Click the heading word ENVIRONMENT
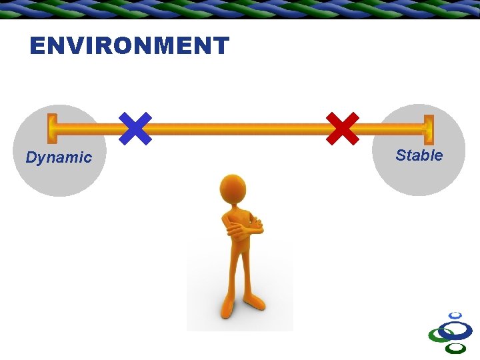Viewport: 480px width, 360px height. [x=129, y=46]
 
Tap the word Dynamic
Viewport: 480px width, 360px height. [x=59, y=158]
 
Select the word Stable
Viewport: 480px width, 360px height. [x=419, y=155]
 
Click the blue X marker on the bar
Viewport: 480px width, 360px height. [x=135, y=128]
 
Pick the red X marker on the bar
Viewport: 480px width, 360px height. [x=343, y=128]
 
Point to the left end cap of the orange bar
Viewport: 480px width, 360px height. [x=51, y=129]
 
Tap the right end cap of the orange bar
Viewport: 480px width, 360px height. [x=429, y=129]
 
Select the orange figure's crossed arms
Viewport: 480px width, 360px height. [x=243, y=228]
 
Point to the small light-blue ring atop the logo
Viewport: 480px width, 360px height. [x=455, y=315]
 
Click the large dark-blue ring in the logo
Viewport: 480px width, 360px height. [x=456, y=330]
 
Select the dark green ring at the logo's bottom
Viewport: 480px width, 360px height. [x=455, y=348]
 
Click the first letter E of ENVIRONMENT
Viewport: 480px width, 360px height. [x=38, y=46]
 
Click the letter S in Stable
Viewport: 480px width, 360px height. [x=401, y=155]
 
